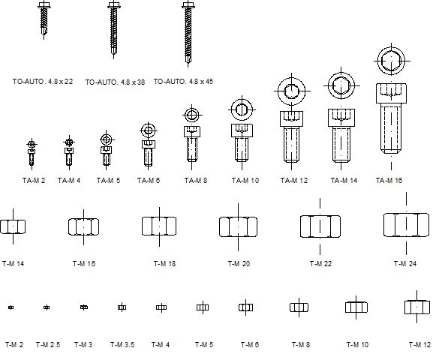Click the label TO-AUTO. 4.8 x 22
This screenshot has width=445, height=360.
(x=43, y=82)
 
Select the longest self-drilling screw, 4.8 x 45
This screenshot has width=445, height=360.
(x=188, y=34)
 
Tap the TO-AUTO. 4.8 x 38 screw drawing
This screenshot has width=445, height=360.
(x=114, y=29)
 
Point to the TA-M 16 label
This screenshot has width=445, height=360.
(x=389, y=181)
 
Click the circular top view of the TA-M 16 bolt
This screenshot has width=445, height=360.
(x=392, y=61)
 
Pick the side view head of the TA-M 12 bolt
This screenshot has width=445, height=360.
(x=291, y=118)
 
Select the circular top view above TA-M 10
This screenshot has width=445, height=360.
(x=242, y=109)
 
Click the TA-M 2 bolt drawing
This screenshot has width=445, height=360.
(x=32, y=154)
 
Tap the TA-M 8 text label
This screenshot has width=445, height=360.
(x=196, y=181)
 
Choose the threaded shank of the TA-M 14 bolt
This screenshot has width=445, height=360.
(x=341, y=145)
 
